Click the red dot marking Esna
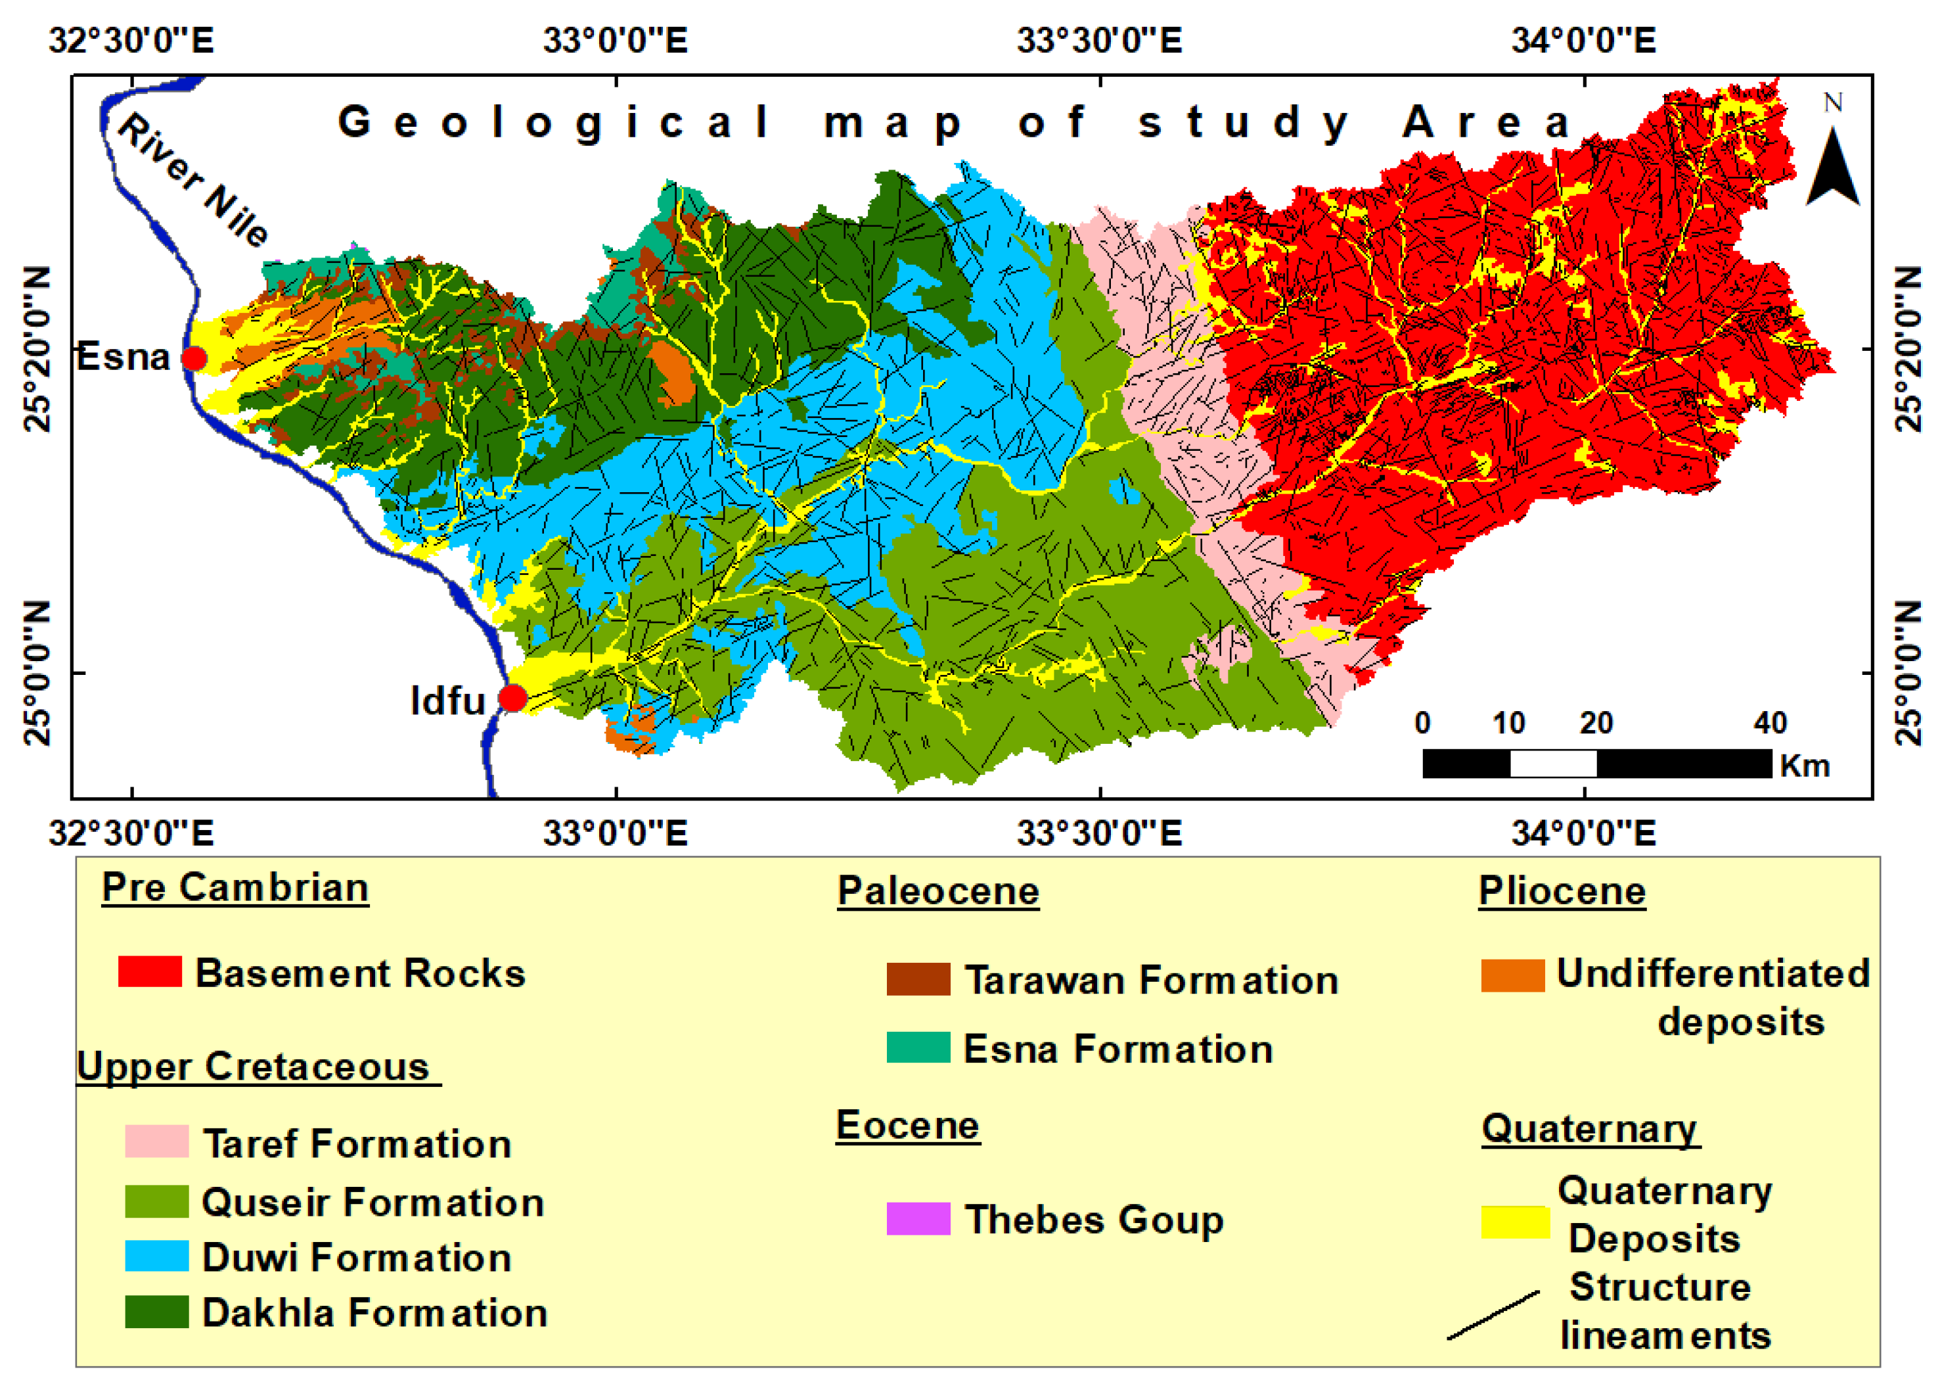(194, 358)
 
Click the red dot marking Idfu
(512, 698)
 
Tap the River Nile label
(192, 180)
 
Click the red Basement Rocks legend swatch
(150, 971)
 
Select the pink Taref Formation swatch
(157, 1141)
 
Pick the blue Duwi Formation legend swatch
(157, 1256)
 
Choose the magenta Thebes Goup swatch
(918, 1218)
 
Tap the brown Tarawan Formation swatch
(918, 979)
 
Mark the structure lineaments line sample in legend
(1493, 1315)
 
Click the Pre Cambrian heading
(235, 887)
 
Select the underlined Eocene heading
(907, 1125)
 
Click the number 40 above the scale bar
(1770, 723)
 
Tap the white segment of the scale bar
(1552, 763)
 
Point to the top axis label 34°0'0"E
(1583, 40)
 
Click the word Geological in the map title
(554, 122)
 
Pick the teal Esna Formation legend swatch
(918, 1048)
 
